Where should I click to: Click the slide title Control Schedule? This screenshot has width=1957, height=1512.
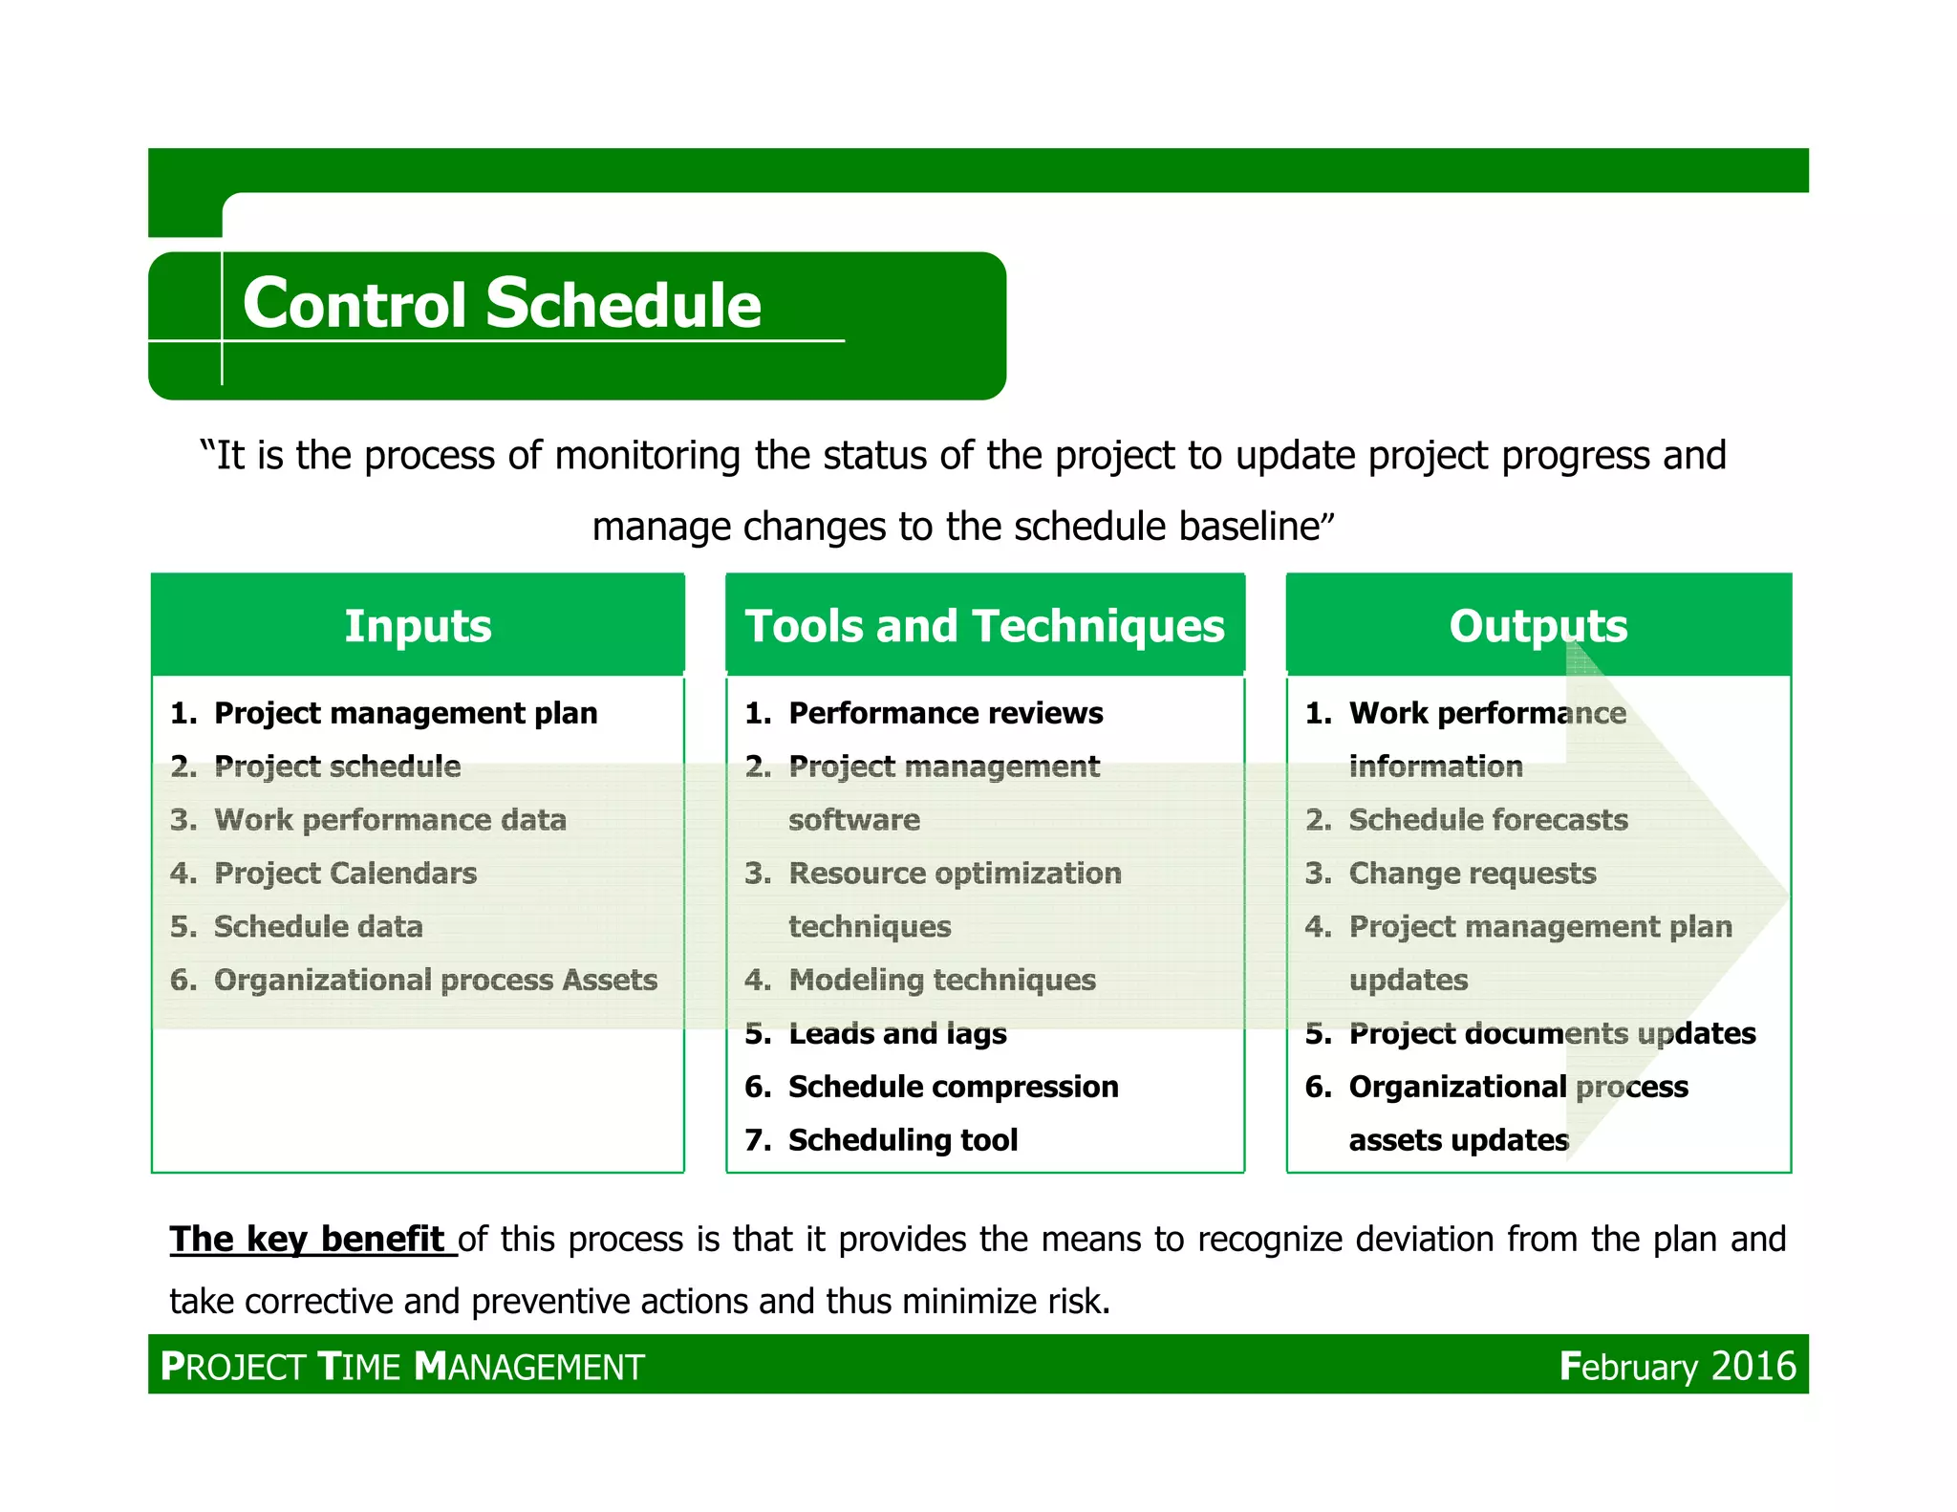[x=502, y=304]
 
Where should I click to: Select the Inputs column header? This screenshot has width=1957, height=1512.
[x=418, y=626]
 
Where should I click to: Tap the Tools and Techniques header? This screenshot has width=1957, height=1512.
[x=984, y=626]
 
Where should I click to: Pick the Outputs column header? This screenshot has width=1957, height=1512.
[x=1538, y=626]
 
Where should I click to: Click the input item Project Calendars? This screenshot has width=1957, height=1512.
[x=345, y=873]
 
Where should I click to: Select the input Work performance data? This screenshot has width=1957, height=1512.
[x=390, y=819]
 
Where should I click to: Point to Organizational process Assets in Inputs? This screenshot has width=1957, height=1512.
[x=435, y=980]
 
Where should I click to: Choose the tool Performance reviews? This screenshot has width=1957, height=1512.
[x=945, y=713]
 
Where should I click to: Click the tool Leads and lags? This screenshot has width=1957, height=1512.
[x=897, y=1033]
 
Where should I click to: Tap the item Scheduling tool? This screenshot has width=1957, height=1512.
[x=902, y=1139]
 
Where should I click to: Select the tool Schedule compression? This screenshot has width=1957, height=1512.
[x=953, y=1087]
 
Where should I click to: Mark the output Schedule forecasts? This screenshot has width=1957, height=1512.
[x=1488, y=819]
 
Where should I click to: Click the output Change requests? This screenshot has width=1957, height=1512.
[x=1472, y=873]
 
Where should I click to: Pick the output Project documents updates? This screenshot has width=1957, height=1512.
[x=1552, y=1033]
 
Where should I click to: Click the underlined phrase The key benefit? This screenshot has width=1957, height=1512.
[x=308, y=1239]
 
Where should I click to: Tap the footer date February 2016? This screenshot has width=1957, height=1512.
[x=1677, y=1366]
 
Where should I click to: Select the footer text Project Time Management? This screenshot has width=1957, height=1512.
[x=402, y=1367]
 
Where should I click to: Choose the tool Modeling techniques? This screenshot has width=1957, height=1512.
[x=941, y=980]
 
